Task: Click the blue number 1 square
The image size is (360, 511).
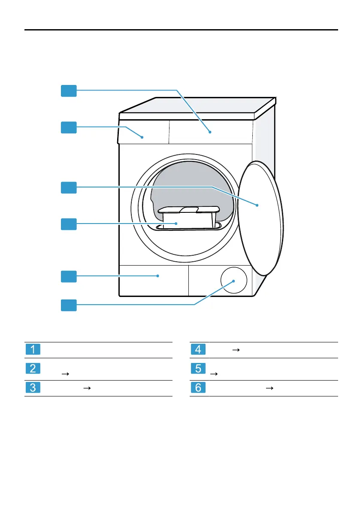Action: (x=33, y=349)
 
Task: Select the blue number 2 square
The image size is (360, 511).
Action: (x=33, y=368)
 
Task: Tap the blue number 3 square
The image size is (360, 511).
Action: (x=33, y=387)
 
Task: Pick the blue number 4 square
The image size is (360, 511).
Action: (x=198, y=349)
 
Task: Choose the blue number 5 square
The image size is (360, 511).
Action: (x=198, y=368)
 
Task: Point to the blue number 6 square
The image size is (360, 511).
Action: (x=198, y=387)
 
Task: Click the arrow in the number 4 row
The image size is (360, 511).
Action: (x=236, y=350)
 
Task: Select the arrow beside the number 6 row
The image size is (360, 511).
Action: (x=269, y=388)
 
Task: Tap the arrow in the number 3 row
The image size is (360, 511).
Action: (x=87, y=388)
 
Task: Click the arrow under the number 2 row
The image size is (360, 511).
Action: (x=65, y=374)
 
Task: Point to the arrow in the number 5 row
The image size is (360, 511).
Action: (x=214, y=374)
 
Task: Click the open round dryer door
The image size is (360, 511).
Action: (x=260, y=218)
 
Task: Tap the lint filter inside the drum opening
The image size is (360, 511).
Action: (x=188, y=218)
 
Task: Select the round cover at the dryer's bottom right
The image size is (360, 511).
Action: (x=234, y=280)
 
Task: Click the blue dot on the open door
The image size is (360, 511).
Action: (x=257, y=206)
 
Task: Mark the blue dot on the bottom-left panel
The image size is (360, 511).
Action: (x=157, y=276)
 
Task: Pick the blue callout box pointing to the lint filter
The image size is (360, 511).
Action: (x=69, y=224)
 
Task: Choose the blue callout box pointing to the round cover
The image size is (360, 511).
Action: (x=69, y=305)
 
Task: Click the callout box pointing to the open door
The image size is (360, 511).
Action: (x=69, y=188)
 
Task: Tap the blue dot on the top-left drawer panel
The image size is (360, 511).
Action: (x=142, y=137)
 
